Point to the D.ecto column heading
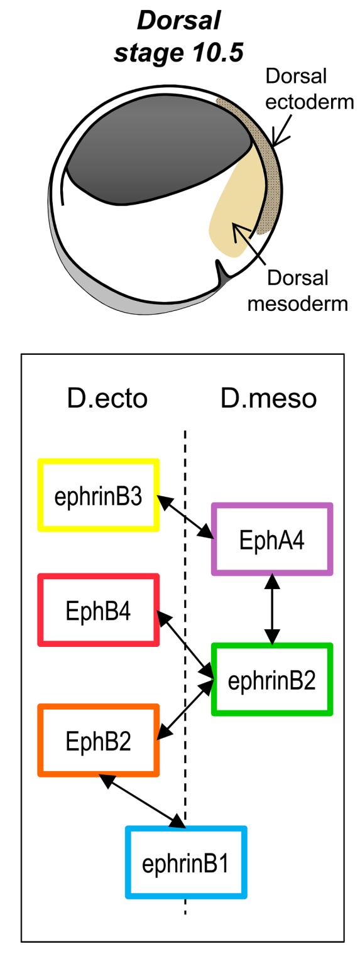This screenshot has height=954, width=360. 107,399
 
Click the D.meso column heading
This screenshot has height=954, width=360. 269,399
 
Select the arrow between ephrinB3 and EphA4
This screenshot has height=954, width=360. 185,516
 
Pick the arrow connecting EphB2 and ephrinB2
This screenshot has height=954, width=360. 185,709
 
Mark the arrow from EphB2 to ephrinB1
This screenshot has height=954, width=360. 142,801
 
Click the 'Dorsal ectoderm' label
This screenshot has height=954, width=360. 310,89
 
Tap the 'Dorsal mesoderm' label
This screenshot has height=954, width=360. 298,291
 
